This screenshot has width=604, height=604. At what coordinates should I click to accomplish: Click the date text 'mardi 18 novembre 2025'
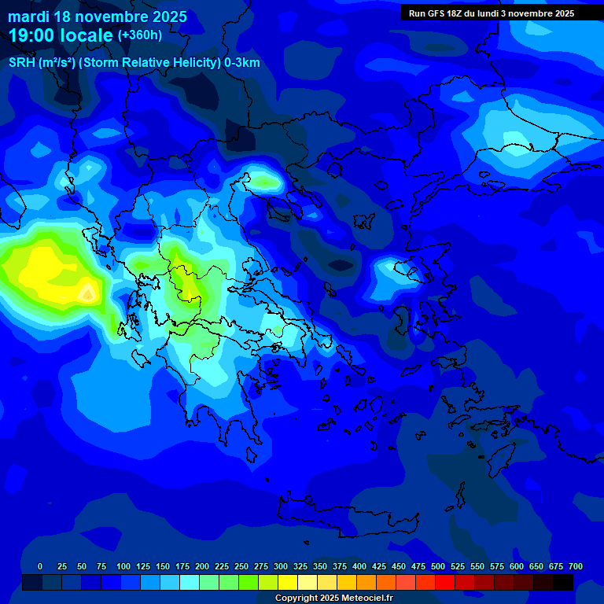98,17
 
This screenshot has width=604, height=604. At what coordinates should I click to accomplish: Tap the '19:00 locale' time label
61,35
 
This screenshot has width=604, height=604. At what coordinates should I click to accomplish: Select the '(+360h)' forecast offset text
139,35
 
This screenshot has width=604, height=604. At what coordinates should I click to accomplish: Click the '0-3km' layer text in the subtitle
242,63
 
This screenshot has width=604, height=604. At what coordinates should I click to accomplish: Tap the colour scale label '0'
40,566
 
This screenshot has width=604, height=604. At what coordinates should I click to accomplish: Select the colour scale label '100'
123,566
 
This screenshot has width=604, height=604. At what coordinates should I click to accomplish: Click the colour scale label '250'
241,566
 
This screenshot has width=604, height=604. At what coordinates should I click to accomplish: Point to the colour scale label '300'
281,566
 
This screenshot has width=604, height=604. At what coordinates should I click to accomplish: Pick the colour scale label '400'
359,566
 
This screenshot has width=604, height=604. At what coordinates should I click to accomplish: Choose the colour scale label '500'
438,566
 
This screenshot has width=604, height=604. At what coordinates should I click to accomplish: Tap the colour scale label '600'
517,566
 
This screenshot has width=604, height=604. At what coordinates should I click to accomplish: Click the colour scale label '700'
576,566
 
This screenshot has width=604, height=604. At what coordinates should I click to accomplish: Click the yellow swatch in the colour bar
288,582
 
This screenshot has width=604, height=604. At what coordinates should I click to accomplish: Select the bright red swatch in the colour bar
445,582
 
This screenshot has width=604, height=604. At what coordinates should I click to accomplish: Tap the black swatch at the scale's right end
563,582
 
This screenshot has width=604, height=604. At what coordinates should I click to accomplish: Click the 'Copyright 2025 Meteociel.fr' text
333,598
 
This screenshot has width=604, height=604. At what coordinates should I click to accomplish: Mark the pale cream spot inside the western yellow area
89,294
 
